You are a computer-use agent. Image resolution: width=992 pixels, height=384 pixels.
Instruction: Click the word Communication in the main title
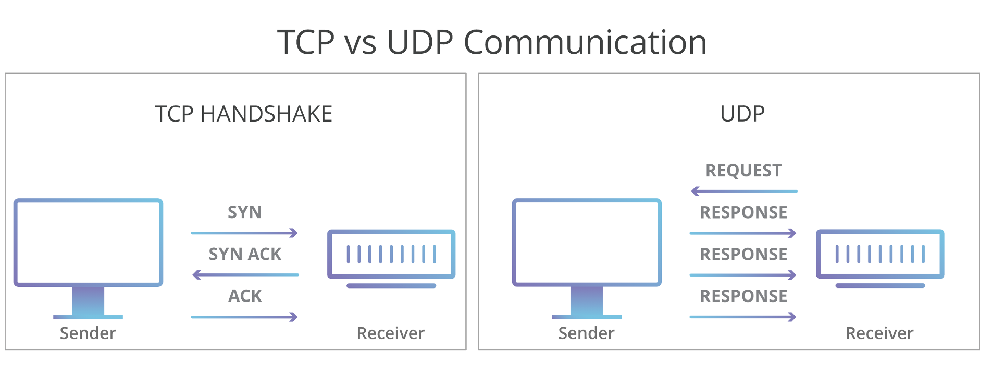[x=585, y=42]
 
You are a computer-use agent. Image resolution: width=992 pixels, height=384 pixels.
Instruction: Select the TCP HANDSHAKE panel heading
[x=244, y=114]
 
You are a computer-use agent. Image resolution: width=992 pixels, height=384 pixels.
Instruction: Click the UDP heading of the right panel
[x=742, y=114]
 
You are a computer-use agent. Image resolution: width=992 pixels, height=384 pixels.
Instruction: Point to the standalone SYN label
[x=245, y=212]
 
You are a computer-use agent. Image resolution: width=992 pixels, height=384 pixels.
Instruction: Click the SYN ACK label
[x=245, y=254]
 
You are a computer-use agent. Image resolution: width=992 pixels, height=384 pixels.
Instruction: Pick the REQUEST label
[x=743, y=171]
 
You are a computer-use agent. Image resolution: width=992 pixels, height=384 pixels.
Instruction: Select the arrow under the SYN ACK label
[x=245, y=274]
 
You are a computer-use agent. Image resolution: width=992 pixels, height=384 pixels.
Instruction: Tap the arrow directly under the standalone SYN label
[x=244, y=233]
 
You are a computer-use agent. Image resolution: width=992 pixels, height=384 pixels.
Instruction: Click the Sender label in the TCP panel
[x=88, y=333]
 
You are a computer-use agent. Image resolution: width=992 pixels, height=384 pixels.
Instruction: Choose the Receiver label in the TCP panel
[x=391, y=333]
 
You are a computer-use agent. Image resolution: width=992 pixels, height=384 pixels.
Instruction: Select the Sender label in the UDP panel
[x=586, y=333]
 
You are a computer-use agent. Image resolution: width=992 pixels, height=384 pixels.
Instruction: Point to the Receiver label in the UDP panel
[x=879, y=333]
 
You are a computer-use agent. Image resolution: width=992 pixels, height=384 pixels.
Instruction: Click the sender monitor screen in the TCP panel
[x=88, y=242]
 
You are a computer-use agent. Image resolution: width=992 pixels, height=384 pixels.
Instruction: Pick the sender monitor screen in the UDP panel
[x=587, y=242]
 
